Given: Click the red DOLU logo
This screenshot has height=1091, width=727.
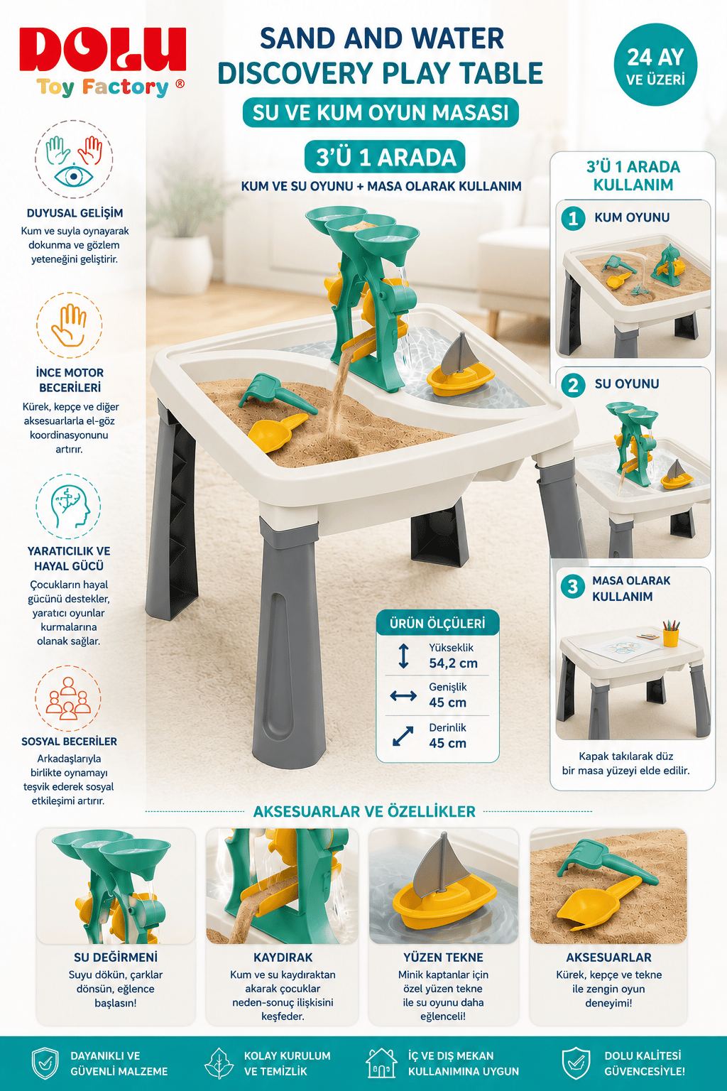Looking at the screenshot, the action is click(103, 50).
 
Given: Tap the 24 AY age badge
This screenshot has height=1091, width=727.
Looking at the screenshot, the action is click(655, 65).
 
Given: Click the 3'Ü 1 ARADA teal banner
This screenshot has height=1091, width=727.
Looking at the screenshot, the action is click(385, 157).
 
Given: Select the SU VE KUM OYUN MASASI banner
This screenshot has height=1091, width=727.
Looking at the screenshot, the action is click(381, 112).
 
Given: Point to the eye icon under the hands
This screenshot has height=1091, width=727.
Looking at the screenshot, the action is click(74, 175).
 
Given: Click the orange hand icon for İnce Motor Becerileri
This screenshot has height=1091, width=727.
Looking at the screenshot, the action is click(70, 325).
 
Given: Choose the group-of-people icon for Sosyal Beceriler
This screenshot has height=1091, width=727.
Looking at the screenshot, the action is click(68, 698).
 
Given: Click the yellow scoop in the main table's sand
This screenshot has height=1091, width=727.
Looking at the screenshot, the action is click(278, 427).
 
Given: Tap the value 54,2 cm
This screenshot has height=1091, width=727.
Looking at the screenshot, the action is click(454, 663).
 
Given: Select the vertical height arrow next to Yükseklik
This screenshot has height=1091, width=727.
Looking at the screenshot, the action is click(403, 656).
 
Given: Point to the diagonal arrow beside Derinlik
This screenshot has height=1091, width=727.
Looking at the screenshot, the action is click(403, 736).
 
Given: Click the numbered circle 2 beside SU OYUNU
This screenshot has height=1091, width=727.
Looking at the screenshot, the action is click(573, 385).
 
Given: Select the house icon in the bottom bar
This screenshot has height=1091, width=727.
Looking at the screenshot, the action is click(381, 1063).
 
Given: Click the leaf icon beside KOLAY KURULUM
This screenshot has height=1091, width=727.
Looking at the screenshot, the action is click(219, 1063).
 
